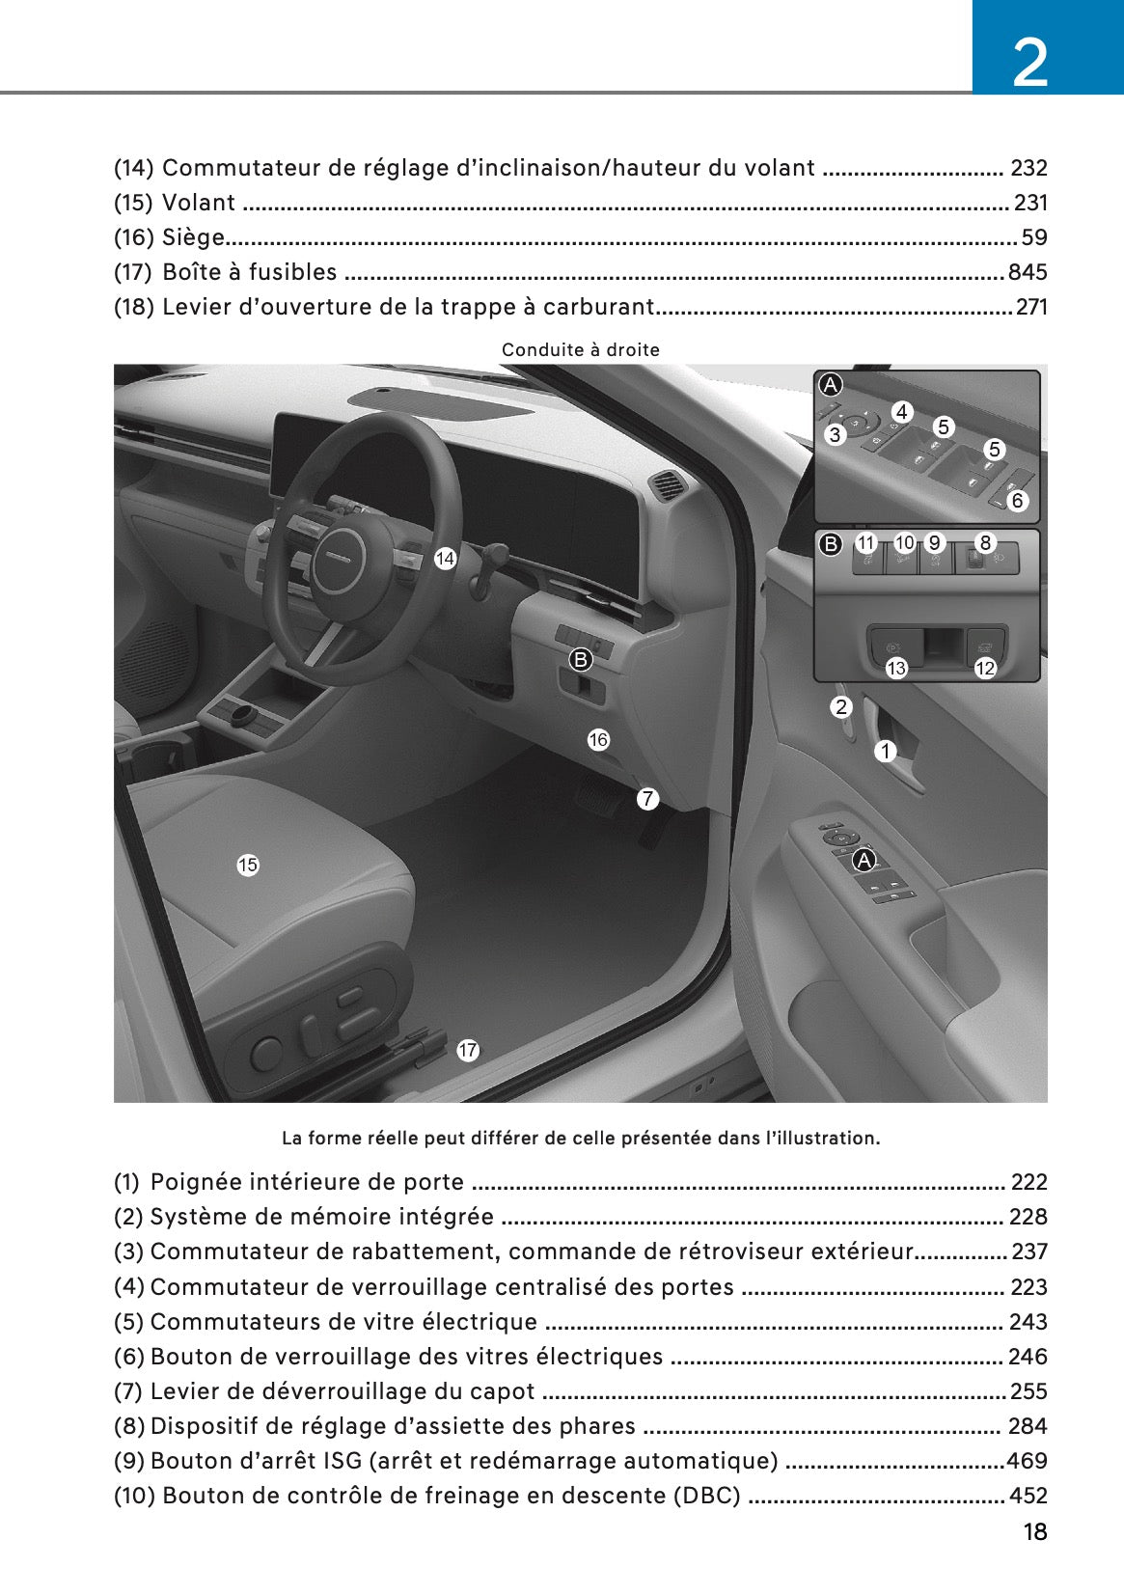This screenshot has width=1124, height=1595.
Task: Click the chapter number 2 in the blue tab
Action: (x=1030, y=64)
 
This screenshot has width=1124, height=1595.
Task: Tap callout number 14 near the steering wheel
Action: (x=445, y=559)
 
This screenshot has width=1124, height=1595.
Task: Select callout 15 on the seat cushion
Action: (x=248, y=866)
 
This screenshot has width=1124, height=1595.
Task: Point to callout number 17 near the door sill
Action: (x=468, y=1051)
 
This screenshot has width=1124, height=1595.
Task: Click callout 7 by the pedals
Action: (x=647, y=799)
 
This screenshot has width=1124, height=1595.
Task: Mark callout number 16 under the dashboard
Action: (x=598, y=740)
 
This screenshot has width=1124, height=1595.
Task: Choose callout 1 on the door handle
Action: (x=886, y=751)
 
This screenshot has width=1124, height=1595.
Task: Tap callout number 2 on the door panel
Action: (x=841, y=707)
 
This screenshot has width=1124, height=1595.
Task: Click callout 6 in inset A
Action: (x=1017, y=501)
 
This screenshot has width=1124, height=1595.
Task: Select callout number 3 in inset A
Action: (x=836, y=435)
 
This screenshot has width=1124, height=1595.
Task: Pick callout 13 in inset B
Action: (x=896, y=668)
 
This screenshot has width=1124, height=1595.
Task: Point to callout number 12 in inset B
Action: (x=985, y=668)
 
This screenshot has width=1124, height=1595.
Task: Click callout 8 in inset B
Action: (x=985, y=543)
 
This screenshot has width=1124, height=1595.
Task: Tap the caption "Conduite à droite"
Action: (x=581, y=350)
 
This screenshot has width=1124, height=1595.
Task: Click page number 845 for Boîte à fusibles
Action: (x=1028, y=272)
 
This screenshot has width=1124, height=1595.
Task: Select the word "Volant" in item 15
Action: (x=199, y=203)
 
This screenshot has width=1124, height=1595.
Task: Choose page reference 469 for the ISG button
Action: (x=1028, y=1461)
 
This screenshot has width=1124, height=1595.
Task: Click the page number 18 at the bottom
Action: (x=1034, y=1532)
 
